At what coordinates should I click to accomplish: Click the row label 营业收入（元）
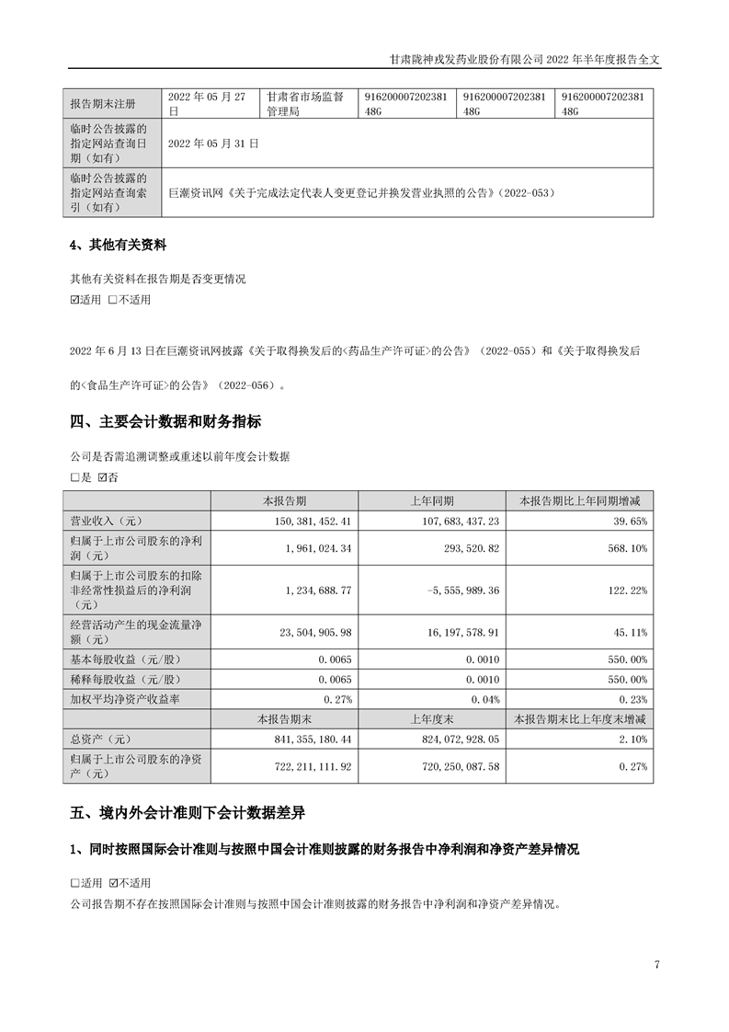[101, 520]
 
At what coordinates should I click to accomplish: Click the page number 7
[656, 965]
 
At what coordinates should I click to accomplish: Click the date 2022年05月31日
[213, 143]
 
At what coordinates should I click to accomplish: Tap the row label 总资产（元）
[96, 738]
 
